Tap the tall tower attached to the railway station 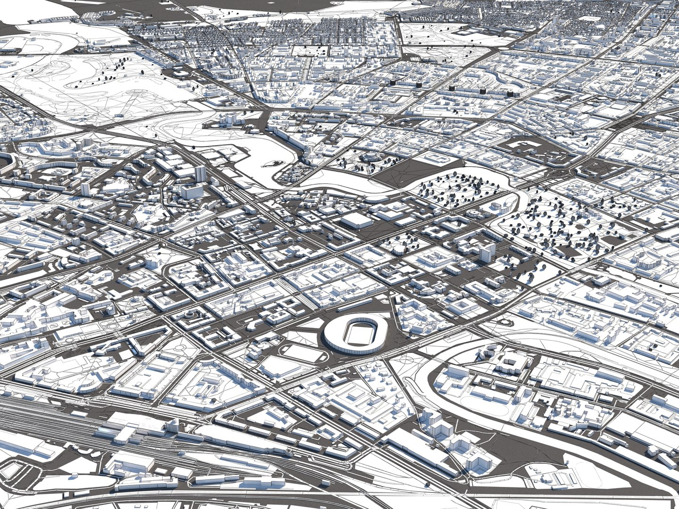tap(172, 427)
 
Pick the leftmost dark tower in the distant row tap(392, 82)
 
